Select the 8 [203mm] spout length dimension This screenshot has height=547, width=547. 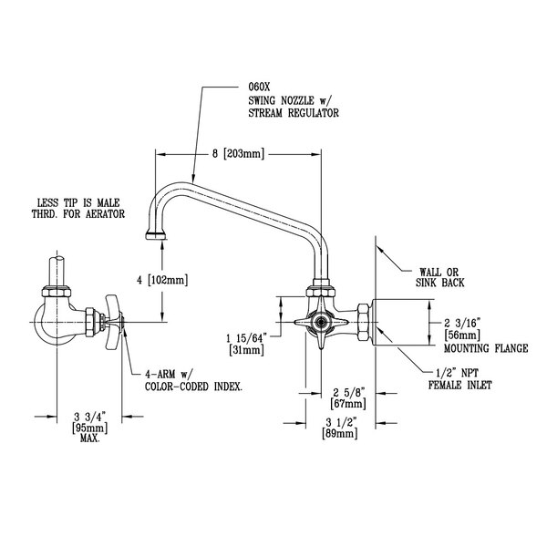[x=238, y=153]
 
